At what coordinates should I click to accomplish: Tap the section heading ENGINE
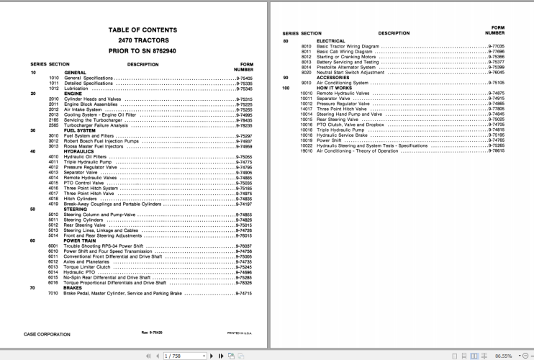pyautogui.click(x=73, y=94)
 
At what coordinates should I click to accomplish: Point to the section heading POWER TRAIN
pyautogui.click(x=79, y=241)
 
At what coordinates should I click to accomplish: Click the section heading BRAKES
pyautogui.click(x=74, y=288)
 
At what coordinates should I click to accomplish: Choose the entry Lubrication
pyautogui.click(x=78, y=89)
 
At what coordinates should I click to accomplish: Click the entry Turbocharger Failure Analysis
pyautogui.click(x=96, y=125)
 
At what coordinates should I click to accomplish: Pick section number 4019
pyautogui.click(x=53, y=204)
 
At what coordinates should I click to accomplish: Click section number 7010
pyautogui.click(x=53, y=293)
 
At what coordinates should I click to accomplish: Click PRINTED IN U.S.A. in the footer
pyautogui.click(x=240, y=334)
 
